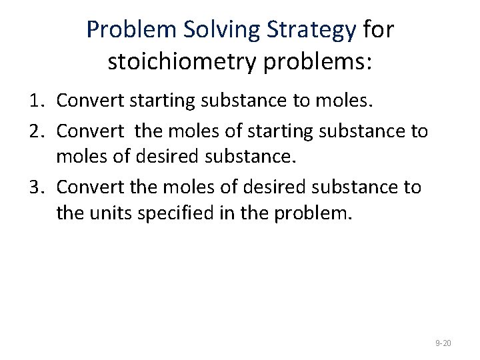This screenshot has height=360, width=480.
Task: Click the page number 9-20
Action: coord(443,343)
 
